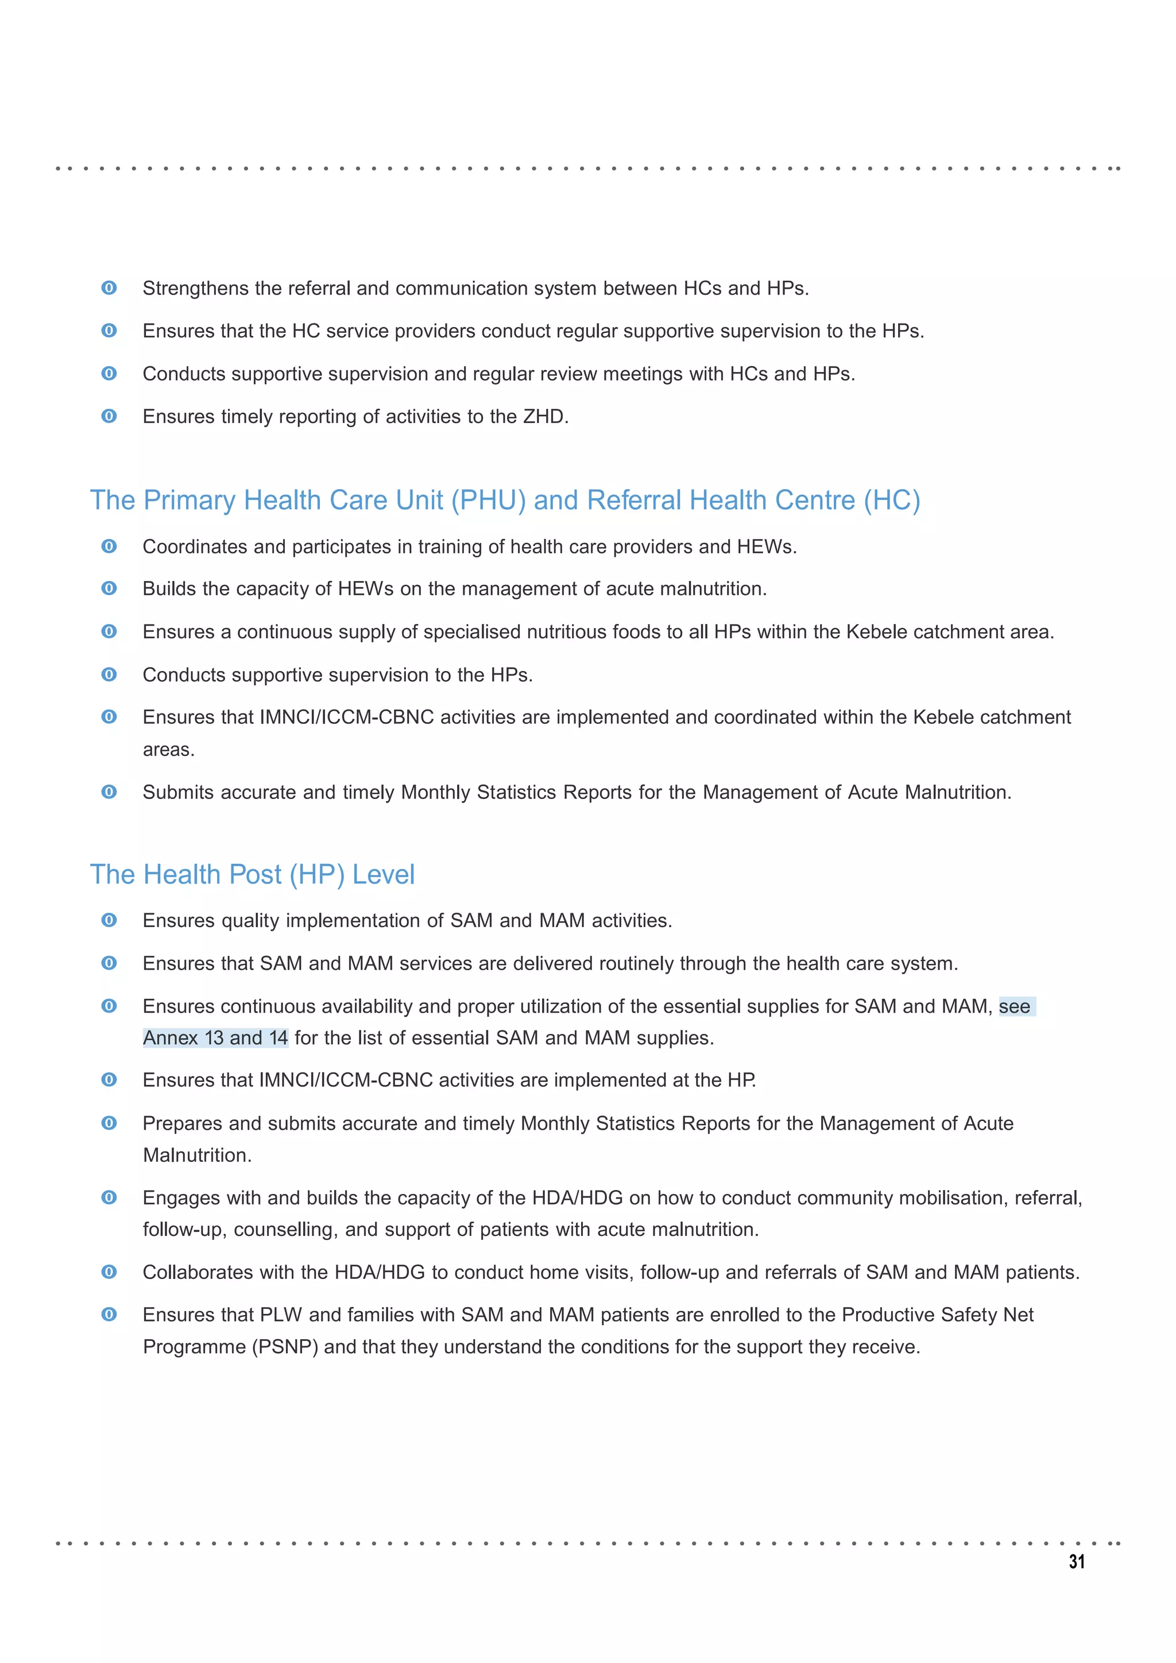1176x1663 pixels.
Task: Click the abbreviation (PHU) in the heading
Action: coord(488,501)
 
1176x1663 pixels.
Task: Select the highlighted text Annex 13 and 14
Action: coord(215,1038)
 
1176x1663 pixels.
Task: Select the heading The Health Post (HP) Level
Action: coord(252,874)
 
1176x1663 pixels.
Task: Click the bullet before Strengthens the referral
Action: coord(109,288)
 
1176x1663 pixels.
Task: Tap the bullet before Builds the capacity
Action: coord(109,589)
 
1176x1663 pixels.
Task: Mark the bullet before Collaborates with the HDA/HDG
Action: coord(109,1272)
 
